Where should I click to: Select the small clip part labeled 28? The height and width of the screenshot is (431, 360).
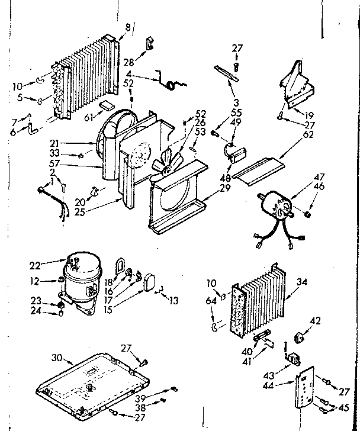[x=150, y=42]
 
